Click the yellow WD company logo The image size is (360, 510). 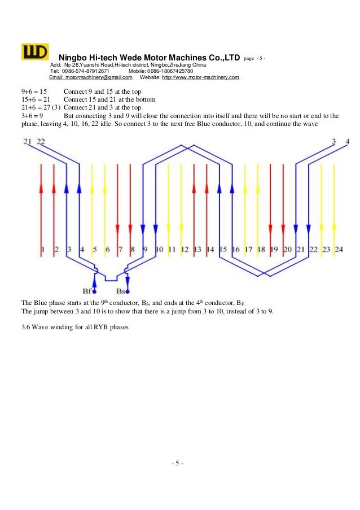pos(35,51)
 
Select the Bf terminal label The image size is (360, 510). pos(87,291)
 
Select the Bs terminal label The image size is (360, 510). pos(120,291)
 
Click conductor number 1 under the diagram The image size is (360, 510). pos(43,249)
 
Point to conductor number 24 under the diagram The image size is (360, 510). pos(339,249)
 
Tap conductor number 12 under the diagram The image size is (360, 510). pos(185,249)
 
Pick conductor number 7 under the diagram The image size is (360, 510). pos(120,249)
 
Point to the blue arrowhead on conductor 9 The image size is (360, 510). pos(143,229)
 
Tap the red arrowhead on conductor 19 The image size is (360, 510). pos(270,229)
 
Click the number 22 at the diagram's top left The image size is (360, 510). pos(41,142)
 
